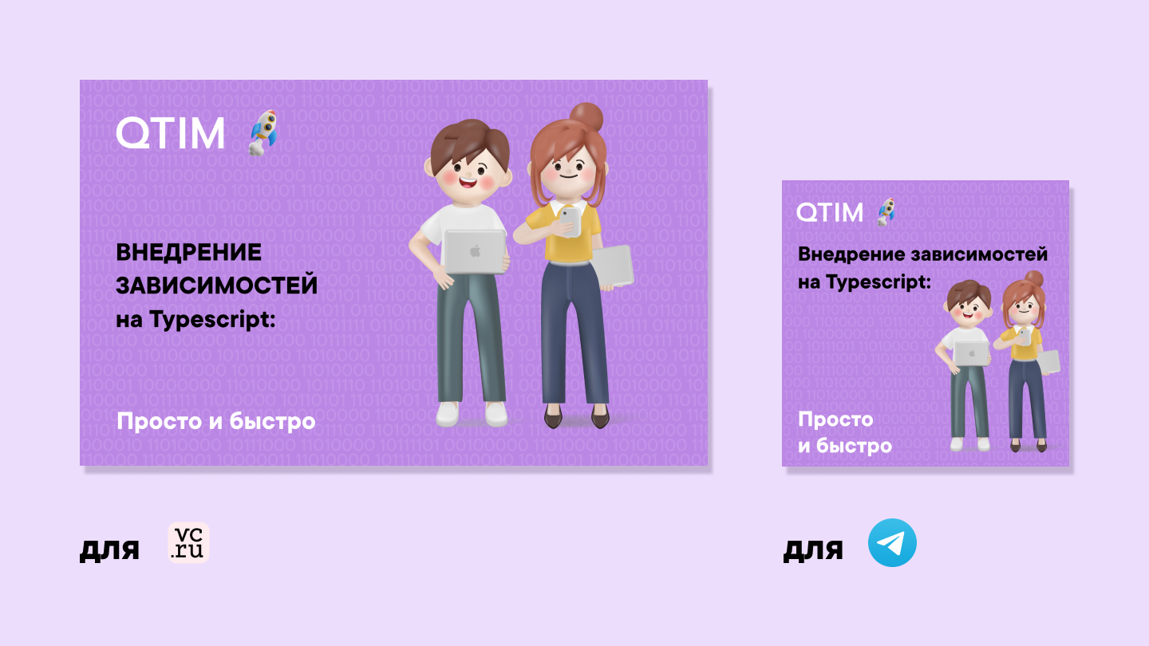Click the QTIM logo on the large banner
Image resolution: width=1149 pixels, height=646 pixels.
point(170,132)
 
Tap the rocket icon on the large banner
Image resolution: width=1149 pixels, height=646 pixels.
point(263,132)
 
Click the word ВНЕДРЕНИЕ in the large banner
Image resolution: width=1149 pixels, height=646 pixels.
point(189,252)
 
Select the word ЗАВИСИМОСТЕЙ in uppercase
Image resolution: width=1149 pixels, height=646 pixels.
point(216,286)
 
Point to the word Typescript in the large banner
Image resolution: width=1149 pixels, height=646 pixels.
point(212,319)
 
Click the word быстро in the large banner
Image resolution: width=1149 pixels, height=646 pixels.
point(272,421)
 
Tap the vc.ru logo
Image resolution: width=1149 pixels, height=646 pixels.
point(189,543)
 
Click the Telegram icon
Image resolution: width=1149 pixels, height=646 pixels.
point(892,542)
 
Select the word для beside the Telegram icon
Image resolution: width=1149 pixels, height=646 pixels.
point(813,549)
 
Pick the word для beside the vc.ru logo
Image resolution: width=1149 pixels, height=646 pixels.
point(109,549)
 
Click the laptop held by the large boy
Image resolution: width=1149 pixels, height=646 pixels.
point(475,251)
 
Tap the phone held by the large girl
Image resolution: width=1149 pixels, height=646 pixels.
point(570,222)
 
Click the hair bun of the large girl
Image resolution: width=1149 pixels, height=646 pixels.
point(586,117)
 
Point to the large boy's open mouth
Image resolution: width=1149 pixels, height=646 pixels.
point(468,181)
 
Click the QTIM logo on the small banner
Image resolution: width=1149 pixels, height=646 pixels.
point(830,212)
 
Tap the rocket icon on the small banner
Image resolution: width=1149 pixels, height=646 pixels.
point(886,212)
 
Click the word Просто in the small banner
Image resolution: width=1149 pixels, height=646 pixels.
point(835,420)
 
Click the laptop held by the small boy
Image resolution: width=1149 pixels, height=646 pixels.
point(971,354)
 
